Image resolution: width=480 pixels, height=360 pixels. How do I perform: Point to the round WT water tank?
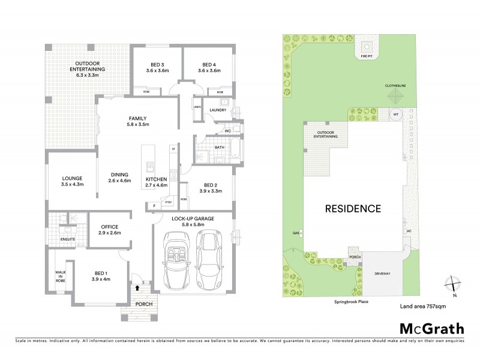point(395,114)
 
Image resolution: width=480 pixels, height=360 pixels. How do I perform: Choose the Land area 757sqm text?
point(422,306)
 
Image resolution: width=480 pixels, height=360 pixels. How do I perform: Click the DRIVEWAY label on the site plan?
point(383,273)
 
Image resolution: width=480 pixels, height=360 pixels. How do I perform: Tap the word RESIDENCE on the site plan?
point(353,209)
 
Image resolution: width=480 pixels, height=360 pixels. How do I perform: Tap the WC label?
point(228,131)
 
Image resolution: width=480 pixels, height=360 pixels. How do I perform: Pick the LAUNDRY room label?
point(218,110)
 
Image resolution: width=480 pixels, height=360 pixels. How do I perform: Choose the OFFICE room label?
point(109,226)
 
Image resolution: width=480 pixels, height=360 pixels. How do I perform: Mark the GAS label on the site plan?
point(295,232)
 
